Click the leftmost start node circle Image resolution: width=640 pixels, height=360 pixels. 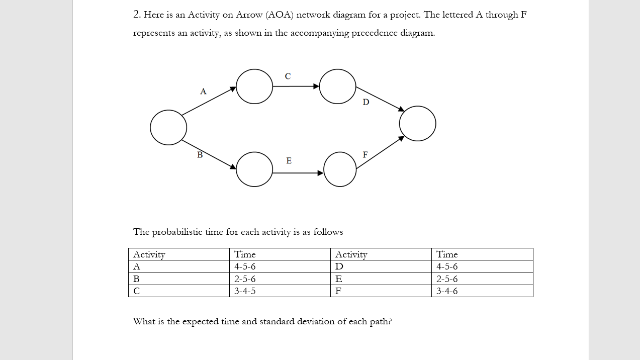point(168,128)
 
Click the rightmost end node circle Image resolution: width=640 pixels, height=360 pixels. point(417,124)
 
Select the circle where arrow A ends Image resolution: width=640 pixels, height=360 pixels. point(254,86)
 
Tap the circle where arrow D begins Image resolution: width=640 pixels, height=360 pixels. point(337,86)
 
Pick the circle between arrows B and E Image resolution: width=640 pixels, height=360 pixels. point(254,169)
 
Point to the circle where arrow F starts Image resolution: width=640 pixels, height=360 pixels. point(340,169)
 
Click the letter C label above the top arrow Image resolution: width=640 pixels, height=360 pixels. point(288,76)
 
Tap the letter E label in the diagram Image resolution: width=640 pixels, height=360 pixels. point(289,161)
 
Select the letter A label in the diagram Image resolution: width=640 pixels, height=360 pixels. point(203,92)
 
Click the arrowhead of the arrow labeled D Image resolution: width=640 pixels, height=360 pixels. point(401,109)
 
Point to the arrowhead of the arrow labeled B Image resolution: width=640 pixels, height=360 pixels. point(233,166)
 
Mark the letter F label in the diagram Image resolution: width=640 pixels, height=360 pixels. point(365,155)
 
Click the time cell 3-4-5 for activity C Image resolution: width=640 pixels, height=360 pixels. point(245,291)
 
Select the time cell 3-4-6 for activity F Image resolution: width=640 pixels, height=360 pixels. point(447,291)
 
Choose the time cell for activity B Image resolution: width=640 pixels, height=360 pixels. point(245,279)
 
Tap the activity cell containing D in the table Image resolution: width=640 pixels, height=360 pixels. point(339,266)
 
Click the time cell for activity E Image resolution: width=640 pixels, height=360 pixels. point(447,279)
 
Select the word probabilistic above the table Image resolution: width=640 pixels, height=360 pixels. point(177,232)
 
